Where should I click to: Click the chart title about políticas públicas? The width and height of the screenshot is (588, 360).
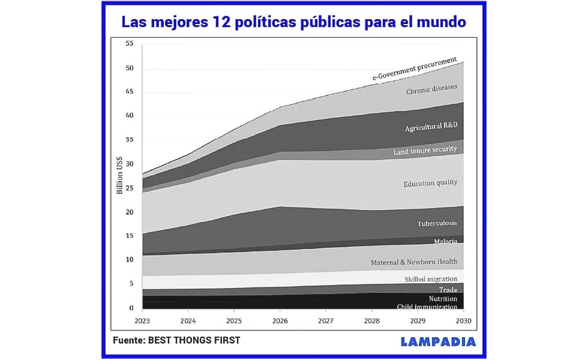(x=293, y=22)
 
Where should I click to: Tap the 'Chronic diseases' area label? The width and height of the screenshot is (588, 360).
(x=431, y=89)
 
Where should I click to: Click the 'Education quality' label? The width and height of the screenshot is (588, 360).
(x=430, y=183)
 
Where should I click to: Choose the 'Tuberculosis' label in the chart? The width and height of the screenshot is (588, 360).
(x=437, y=224)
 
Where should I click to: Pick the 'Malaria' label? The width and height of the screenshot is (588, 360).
(x=445, y=241)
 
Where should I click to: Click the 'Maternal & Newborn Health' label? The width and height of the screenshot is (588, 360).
(x=414, y=262)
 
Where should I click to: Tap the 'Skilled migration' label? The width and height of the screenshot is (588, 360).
(x=431, y=279)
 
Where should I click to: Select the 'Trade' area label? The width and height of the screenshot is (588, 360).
(x=448, y=290)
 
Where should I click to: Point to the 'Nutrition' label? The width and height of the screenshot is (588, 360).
(x=443, y=299)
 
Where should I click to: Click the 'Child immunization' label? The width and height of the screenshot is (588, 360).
(x=427, y=307)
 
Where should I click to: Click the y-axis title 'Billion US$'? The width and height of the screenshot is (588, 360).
(x=119, y=175)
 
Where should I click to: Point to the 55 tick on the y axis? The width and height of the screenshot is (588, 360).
(x=129, y=44)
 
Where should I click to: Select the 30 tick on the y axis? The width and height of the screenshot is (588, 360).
(x=129, y=164)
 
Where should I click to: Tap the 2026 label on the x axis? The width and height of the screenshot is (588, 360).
(x=280, y=320)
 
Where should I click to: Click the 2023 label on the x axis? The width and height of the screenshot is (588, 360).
(x=142, y=320)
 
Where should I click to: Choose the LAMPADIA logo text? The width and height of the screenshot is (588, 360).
(x=438, y=341)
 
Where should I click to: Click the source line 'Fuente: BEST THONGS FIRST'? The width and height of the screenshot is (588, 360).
(x=176, y=340)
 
